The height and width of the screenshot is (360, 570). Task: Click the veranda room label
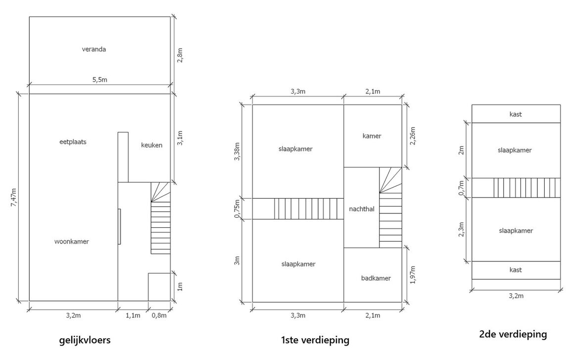click(x=94, y=49)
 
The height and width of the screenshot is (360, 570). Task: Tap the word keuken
click(x=151, y=145)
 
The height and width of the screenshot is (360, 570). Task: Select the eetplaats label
click(x=73, y=142)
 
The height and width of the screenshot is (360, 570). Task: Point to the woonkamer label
click(x=71, y=242)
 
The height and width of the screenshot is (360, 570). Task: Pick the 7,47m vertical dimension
click(x=13, y=197)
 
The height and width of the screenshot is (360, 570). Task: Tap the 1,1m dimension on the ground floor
click(x=133, y=315)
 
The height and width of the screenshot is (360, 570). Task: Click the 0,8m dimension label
click(x=159, y=315)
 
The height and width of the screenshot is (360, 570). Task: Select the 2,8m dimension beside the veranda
click(x=180, y=55)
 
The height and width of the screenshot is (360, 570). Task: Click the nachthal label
click(x=361, y=209)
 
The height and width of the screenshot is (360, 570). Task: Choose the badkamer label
click(x=376, y=278)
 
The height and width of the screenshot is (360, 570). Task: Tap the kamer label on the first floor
click(x=372, y=136)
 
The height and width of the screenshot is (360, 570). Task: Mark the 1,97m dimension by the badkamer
click(x=413, y=275)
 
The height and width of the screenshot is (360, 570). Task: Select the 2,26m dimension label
click(x=413, y=136)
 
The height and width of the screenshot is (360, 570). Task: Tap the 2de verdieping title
click(x=513, y=334)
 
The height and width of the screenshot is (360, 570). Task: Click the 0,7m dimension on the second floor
click(x=463, y=187)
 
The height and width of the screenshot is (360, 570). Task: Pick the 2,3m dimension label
click(x=463, y=229)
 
